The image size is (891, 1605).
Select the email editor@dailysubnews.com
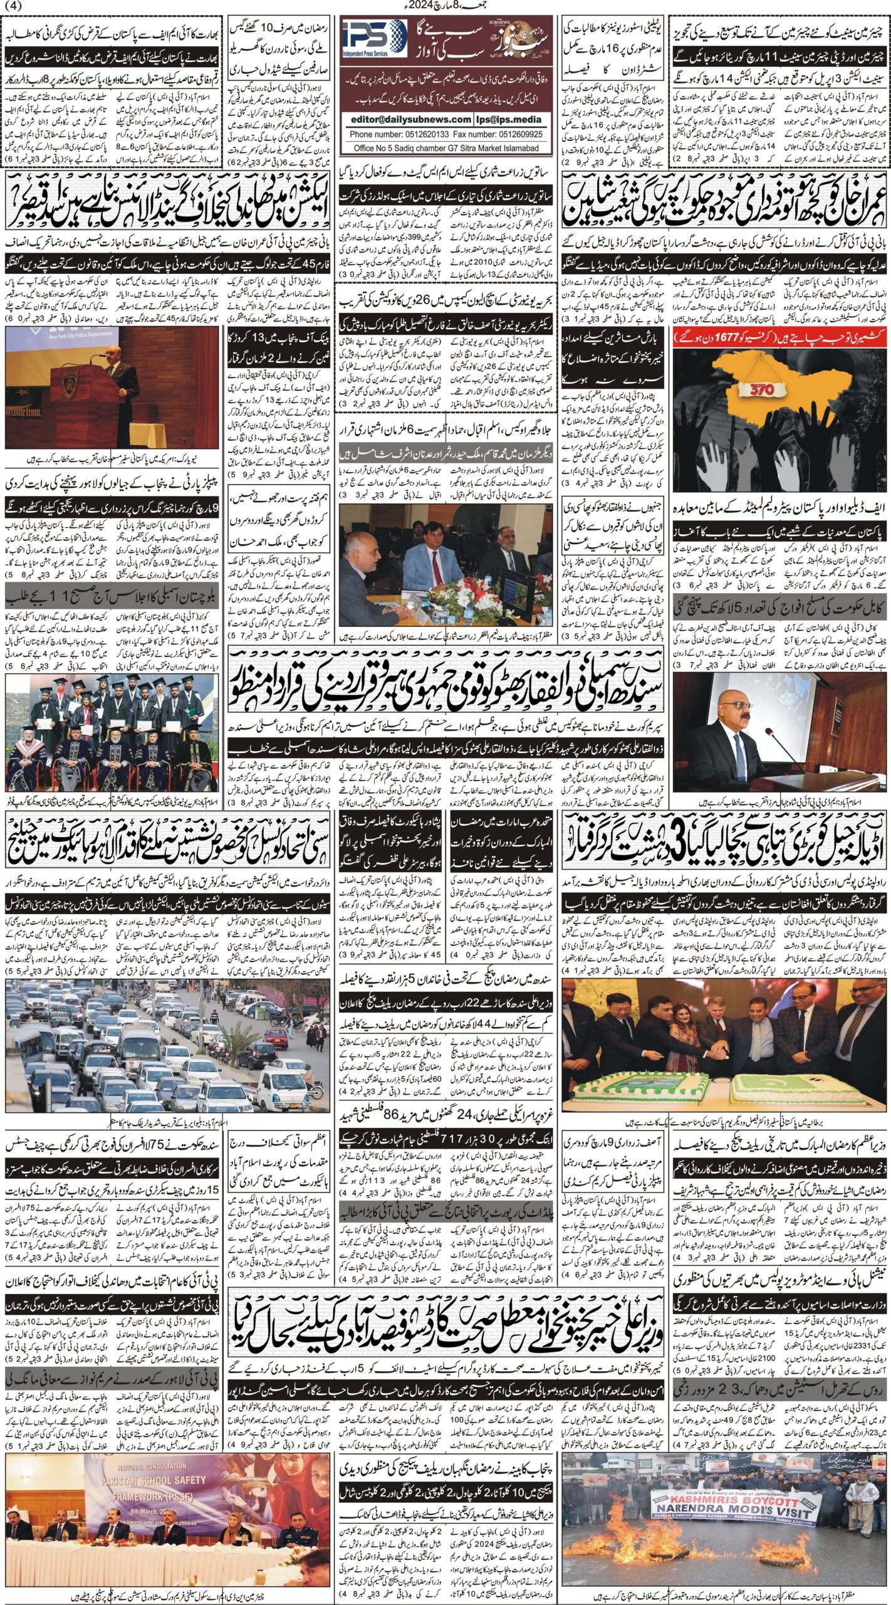[x=406, y=119]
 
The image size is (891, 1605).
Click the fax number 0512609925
[x=511, y=134]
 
